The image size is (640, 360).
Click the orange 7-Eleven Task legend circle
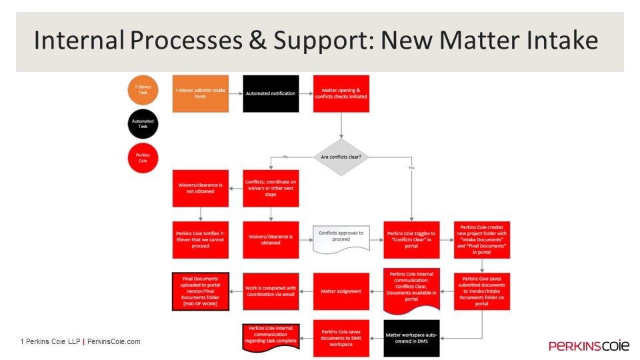tap(143, 89)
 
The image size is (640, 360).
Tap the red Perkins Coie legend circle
tap(143, 157)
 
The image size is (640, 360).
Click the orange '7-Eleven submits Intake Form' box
tap(201, 93)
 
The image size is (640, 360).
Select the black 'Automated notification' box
tap(271, 93)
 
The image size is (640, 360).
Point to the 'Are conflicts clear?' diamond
tap(341, 157)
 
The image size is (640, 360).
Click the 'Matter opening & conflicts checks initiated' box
tap(341, 93)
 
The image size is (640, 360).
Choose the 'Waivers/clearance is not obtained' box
tap(201, 188)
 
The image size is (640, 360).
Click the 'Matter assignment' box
tap(341, 291)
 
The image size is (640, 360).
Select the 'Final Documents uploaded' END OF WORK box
tap(201, 291)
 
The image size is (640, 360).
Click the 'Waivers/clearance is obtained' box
tap(271, 239)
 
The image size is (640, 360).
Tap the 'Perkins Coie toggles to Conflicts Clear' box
tap(411, 239)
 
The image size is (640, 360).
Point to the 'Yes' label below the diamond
tap(411, 167)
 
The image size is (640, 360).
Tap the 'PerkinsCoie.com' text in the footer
tap(114, 342)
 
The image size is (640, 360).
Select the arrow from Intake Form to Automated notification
tap(236, 93)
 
